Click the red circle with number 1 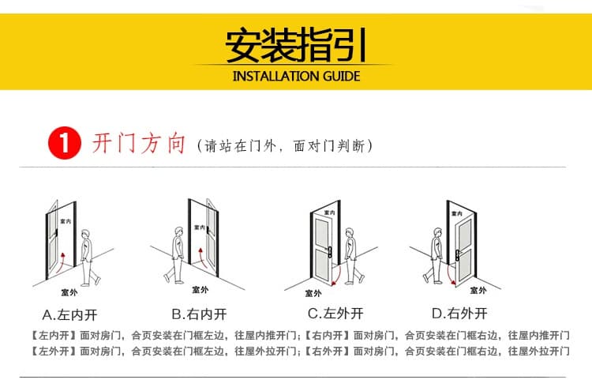click(65, 143)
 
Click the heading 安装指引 click(296, 45)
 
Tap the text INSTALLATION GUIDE click(296, 77)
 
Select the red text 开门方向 click(139, 144)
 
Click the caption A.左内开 click(69, 314)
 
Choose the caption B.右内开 click(200, 314)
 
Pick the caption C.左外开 click(335, 313)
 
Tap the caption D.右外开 click(459, 313)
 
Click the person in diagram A click(89, 258)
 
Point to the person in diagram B click(175, 255)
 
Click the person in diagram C click(353, 256)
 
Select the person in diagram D click(434, 256)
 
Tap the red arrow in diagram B click(202, 257)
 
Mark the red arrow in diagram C click(337, 276)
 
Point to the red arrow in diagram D click(451, 274)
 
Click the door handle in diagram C click(330, 252)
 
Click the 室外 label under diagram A click(69, 292)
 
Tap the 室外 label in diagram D click(478, 290)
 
